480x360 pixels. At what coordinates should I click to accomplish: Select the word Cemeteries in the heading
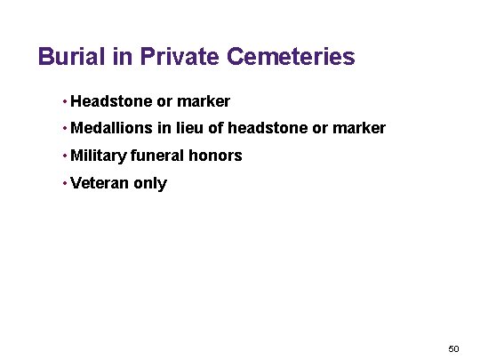291,58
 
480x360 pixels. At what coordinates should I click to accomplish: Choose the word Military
99,156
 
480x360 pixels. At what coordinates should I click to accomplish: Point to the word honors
215,156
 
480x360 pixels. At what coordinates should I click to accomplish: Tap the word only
150,184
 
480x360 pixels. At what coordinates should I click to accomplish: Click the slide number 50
453,348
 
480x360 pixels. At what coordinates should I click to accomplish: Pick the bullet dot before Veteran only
65,184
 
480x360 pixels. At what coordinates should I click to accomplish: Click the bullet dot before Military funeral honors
65,156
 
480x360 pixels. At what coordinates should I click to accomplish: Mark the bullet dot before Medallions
65,129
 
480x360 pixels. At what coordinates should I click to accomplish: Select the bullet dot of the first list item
65,101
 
